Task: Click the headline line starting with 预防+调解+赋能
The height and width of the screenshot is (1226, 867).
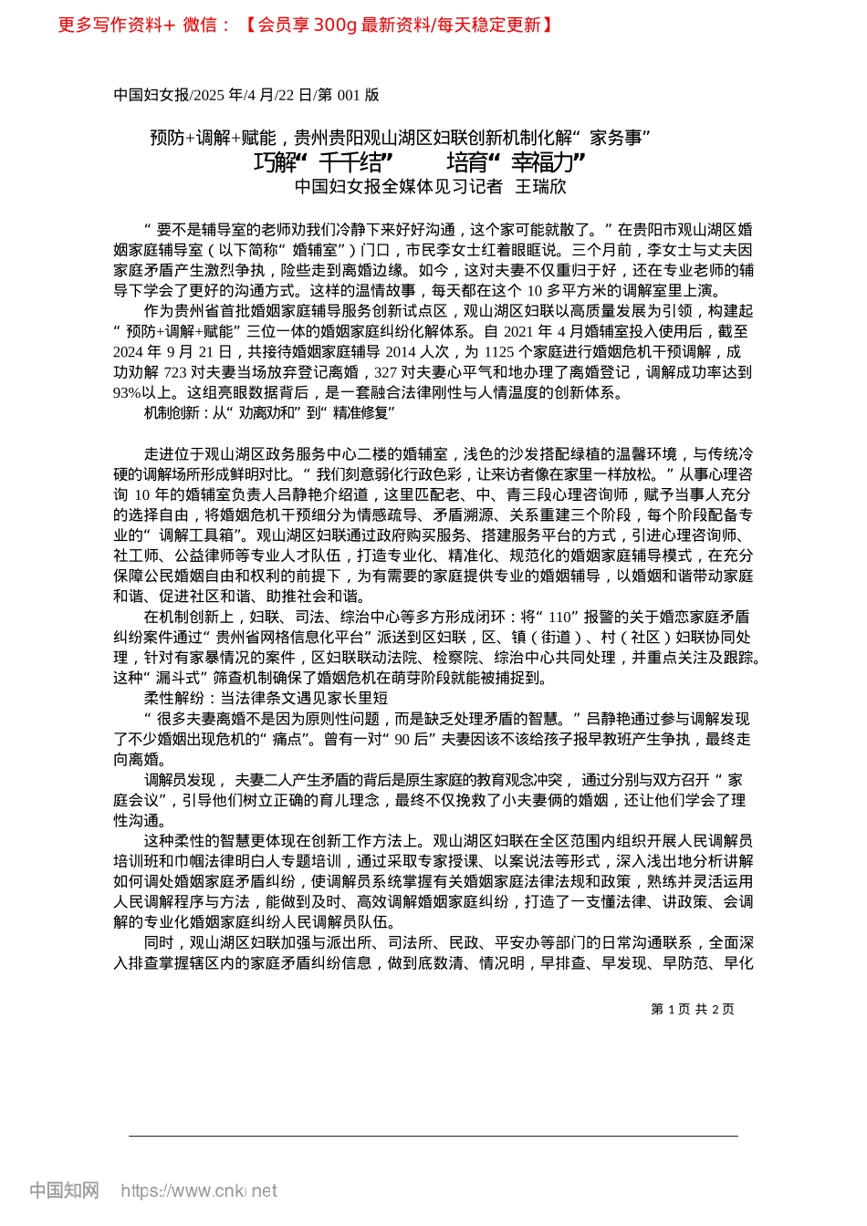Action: pos(400,138)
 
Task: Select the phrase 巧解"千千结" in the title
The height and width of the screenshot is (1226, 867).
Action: pos(323,162)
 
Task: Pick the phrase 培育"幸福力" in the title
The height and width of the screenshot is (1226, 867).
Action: pos(516,162)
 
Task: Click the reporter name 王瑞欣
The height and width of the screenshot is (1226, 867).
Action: pos(541,187)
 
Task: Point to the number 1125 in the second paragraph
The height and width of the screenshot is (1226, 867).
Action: pos(499,352)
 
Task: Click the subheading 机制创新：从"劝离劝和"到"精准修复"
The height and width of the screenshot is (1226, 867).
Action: pos(269,413)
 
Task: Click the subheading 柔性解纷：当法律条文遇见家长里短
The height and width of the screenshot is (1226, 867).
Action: pos(266,698)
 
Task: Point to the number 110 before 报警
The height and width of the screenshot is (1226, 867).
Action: pos(561,618)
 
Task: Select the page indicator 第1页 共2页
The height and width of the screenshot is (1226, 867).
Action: pos(692,1009)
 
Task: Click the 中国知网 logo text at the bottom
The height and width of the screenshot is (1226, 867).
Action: pos(64,1190)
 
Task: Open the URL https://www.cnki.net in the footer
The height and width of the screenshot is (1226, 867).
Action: pos(199,1190)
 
